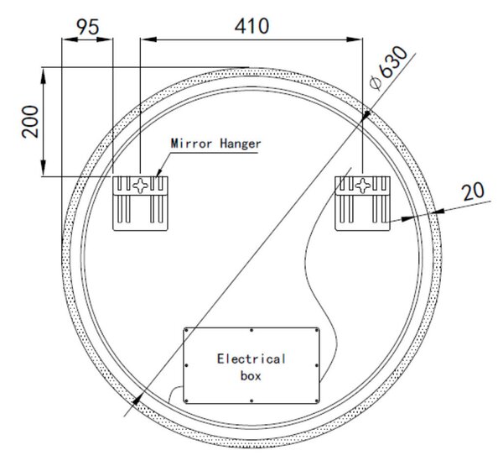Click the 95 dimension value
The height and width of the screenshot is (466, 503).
pyautogui.click(x=88, y=27)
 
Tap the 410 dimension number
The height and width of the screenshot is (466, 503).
pyautogui.click(x=251, y=26)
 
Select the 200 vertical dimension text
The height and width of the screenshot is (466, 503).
pyautogui.click(x=30, y=122)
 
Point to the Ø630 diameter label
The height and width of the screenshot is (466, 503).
pyautogui.click(x=388, y=67)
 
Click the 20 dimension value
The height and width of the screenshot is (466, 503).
pyautogui.click(x=473, y=191)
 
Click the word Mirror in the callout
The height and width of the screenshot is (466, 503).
pyautogui.click(x=191, y=144)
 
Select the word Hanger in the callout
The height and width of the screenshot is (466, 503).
pyautogui.click(x=241, y=144)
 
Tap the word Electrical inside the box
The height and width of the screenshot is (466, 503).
pyautogui.click(x=251, y=359)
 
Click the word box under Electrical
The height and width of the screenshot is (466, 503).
pyautogui.click(x=251, y=375)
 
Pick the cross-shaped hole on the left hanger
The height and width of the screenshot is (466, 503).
pyautogui.click(x=141, y=186)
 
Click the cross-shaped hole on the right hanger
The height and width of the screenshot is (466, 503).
pyautogui.click(x=363, y=186)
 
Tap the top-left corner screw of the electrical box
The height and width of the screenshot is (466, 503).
pyautogui.click(x=186, y=330)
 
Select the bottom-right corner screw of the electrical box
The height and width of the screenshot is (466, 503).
pyautogui.click(x=317, y=401)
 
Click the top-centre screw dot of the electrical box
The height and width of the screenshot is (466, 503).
pyautogui.click(x=251, y=330)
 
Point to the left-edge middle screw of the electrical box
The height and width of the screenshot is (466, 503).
pyautogui.click(x=186, y=365)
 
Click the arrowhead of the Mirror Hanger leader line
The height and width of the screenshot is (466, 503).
pyautogui.click(x=158, y=173)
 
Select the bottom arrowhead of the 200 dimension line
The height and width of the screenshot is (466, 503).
pyautogui.click(x=44, y=168)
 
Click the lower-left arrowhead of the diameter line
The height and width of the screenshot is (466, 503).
pyautogui.click(x=137, y=401)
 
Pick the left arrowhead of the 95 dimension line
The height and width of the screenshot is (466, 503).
pyautogui.click(x=70, y=39)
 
